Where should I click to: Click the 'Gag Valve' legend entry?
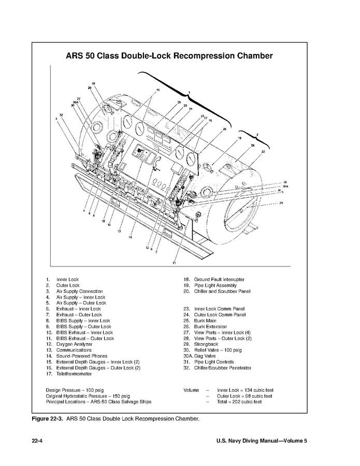(206, 356)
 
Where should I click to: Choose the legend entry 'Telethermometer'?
(73, 374)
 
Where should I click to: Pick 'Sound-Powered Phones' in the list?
(82, 356)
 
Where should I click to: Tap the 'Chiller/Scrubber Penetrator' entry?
(223, 368)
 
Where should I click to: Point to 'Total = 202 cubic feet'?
(239, 402)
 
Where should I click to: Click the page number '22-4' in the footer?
(37, 441)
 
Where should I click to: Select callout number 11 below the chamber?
(175, 263)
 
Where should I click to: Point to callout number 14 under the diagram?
(130, 237)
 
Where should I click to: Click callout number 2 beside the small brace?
(257, 134)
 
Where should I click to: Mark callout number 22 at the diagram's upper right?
(263, 151)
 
